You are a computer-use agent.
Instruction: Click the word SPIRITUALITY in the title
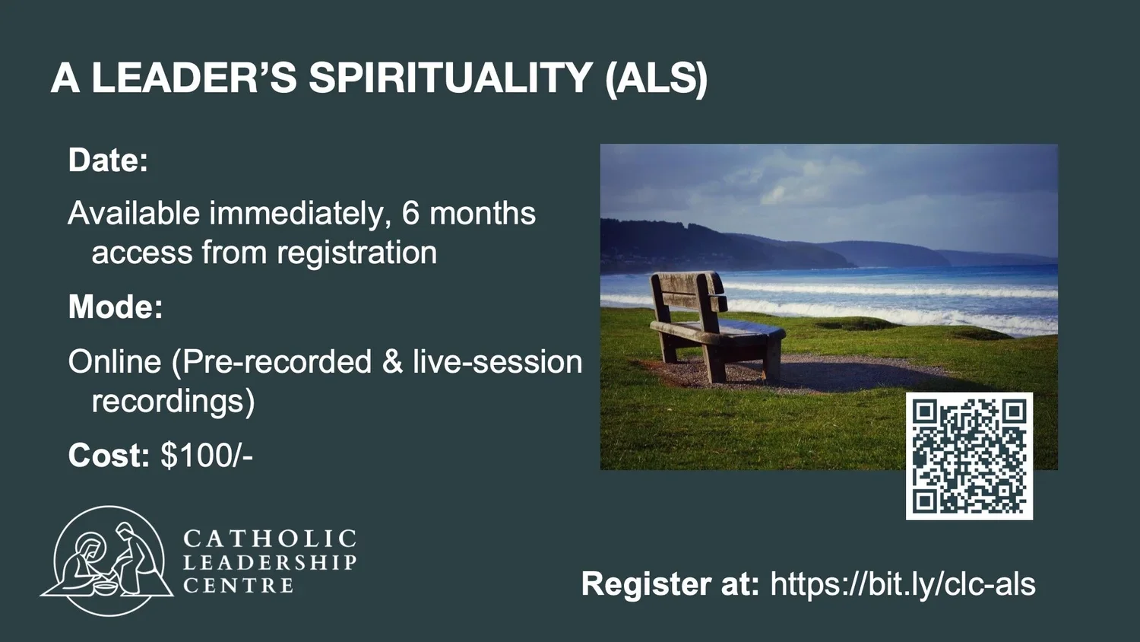(x=450, y=78)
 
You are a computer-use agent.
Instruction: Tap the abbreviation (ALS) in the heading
(x=657, y=78)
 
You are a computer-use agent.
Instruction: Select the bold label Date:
(x=108, y=160)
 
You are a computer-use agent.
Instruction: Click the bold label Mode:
(x=116, y=307)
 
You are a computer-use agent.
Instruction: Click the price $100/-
(x=207, y=456)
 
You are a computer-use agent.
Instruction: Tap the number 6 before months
(x=410, y=214)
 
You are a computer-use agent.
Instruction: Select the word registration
(x=356, y=253)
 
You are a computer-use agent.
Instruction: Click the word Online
(x=115, y=362)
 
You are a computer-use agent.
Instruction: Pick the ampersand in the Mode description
(x=392, y=362)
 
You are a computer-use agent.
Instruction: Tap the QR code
(x=969, y=456)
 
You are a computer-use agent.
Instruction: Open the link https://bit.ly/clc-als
(x=903, y=584)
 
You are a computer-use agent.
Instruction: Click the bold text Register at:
(x=670, y=584)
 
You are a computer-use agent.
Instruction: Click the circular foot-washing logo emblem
(x=108, y=561)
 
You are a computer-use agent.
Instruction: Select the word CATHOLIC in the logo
(x=270, y=539)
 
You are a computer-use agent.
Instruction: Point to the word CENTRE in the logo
(x=239, y=586)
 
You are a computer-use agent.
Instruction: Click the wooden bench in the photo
(x=714, y=327)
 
